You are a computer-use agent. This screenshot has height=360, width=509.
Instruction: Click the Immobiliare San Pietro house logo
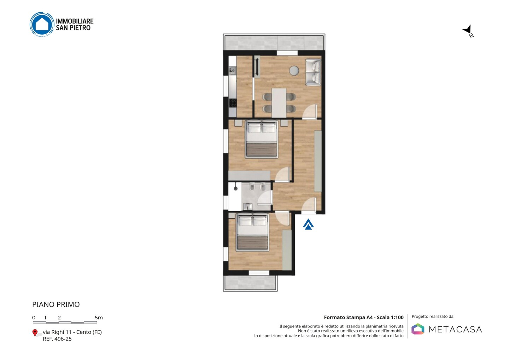tap(42, 24)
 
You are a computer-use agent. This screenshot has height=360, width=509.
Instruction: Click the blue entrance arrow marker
tap(308, 224)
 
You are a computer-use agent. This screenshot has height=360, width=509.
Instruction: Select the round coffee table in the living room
tap(294, 70)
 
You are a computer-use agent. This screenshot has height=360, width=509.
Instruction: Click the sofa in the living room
tap(313, 72)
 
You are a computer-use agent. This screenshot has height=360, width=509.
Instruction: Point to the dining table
tap(279, 103)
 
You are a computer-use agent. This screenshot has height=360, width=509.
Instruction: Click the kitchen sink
tap(232, 70)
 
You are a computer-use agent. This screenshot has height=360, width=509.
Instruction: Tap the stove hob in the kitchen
tap(233, 103)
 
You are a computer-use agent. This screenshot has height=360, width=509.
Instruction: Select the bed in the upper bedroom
tap(261, 139)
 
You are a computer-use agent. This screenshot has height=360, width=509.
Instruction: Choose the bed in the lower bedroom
tap(252, 232)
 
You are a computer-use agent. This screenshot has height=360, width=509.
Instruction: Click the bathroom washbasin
tap(247, 207)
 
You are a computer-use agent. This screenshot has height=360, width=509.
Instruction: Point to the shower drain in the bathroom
tap(236, 188)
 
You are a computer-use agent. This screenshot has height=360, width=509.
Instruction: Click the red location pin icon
tap(35, 333)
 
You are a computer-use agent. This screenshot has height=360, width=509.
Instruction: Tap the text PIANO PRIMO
tap(56, 304)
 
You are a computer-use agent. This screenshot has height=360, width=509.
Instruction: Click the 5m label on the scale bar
tap(99, 318)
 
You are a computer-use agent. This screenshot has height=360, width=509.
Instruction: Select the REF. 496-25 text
tap(57, 339)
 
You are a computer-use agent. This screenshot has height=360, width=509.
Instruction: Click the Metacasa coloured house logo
tap(418, 329)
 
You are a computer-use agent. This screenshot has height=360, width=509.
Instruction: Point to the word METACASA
tap(455, 330)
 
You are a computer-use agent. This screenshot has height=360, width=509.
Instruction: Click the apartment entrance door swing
tap(309, 205)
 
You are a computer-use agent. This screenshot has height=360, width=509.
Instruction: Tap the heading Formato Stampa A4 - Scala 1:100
tap(364, 317)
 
